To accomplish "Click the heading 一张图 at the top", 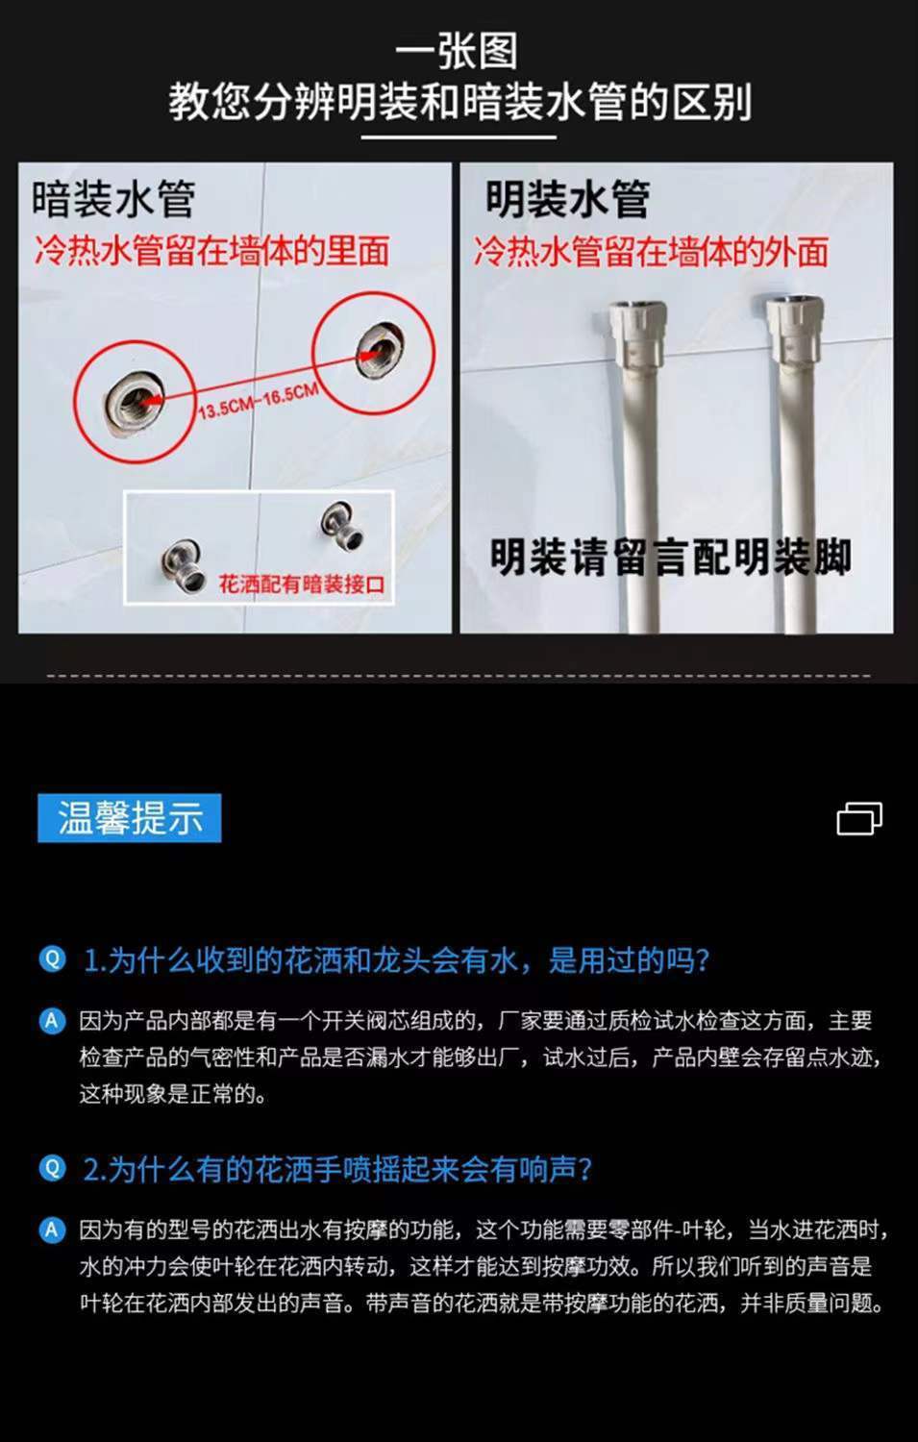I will point(458,50).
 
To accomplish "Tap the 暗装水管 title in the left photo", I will point(113,200).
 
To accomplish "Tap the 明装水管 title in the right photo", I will point(567,200).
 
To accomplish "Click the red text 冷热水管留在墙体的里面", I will point(211,252).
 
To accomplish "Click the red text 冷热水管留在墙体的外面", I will point(651,253).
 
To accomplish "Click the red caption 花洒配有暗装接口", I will point(302,584).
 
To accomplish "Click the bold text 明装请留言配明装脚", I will point(670,557).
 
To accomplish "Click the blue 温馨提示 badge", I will point(130,818).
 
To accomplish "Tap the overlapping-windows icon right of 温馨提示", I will point(859,818).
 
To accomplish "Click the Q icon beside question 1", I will point(53,958).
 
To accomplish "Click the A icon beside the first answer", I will point(53,1021).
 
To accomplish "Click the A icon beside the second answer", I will point(53,1230).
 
